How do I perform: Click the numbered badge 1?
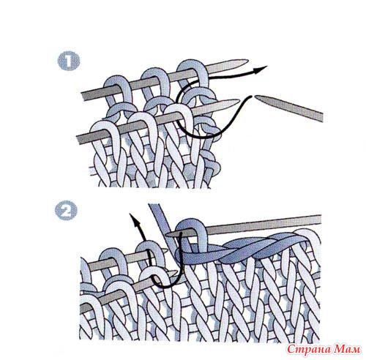(69, 61)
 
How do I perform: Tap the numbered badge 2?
(66, 210)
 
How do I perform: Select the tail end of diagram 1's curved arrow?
(250, 97)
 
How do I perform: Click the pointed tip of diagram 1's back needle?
(248, 61)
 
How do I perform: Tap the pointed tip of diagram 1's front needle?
(239, 100)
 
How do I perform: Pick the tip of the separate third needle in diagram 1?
(255, 97)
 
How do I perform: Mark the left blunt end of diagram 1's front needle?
(78, 140)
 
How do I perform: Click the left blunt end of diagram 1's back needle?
(83, 97)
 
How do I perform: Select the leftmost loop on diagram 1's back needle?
(117, 89)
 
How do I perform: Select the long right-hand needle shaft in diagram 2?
(264, 224)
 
